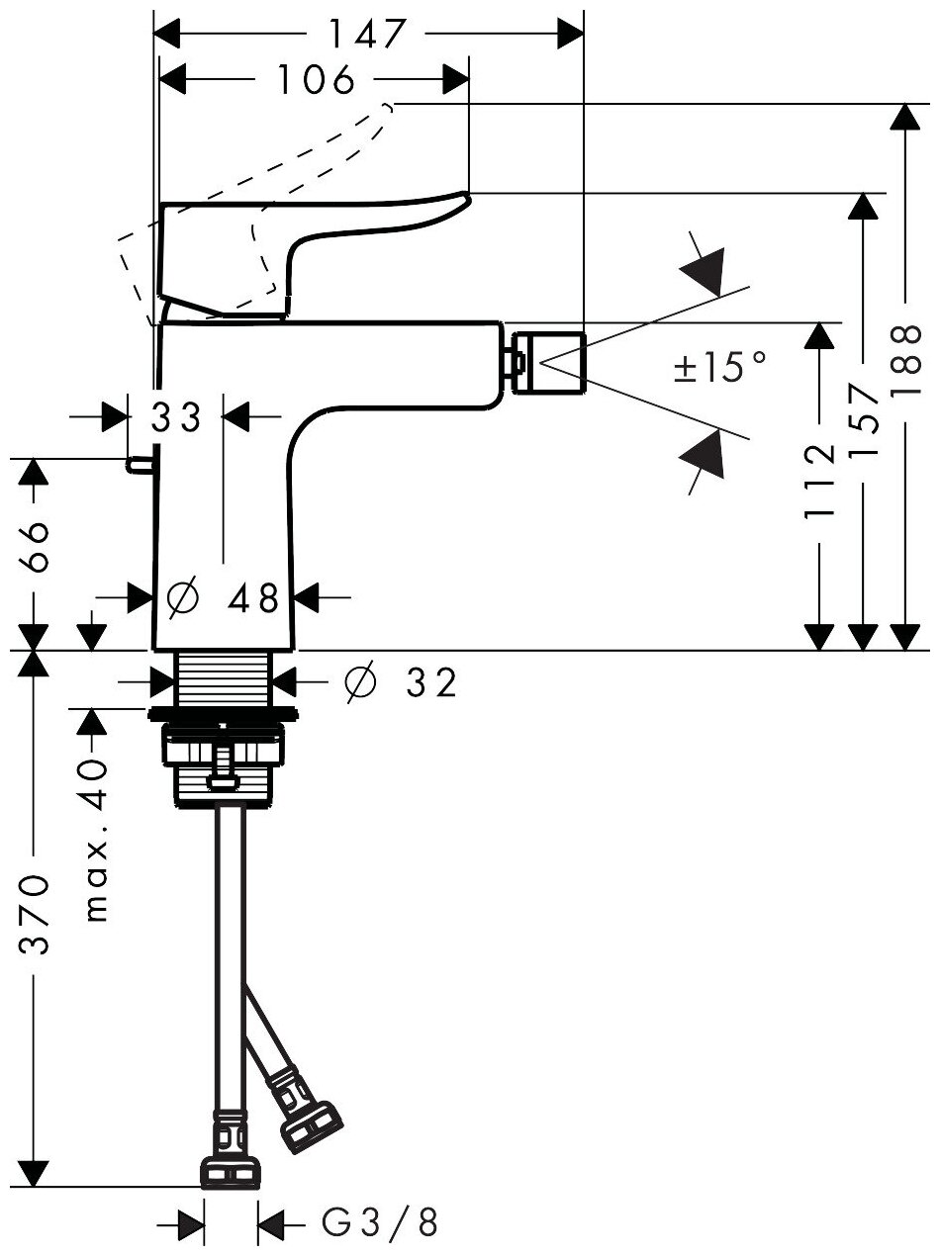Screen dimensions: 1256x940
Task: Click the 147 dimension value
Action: click(367, 34)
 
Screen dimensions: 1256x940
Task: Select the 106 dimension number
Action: click(314, 80)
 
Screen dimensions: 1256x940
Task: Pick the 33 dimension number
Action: click(176, 417)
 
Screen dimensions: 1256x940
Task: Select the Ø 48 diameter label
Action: click(225, 597)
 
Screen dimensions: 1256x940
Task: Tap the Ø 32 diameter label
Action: click(400, 681)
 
